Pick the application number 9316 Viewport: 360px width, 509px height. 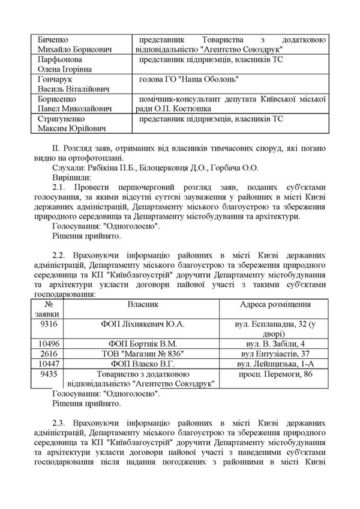tap(48, 324)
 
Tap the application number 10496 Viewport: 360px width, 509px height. tap(48, 343)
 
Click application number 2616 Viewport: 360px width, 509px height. tap(48, 354)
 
